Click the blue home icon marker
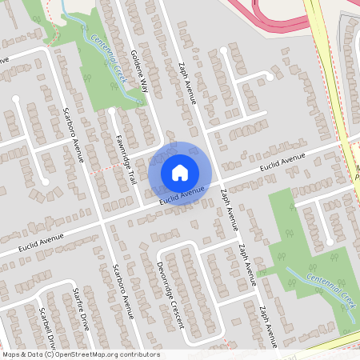pos(179,173)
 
